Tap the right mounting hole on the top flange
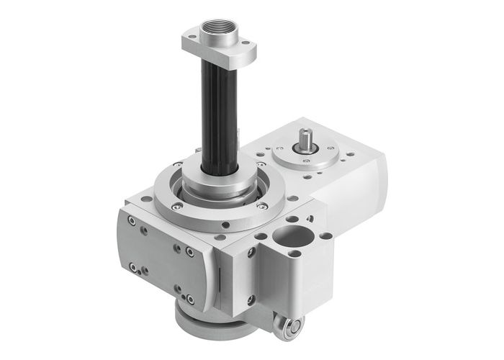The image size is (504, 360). click(x=248, y=52)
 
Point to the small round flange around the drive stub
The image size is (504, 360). click(x=306, y=154)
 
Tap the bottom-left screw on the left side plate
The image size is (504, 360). click(x=133, y=268)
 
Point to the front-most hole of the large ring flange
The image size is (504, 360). click(x=225, y=224)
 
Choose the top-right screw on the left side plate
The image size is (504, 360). click(x=189, y=251)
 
